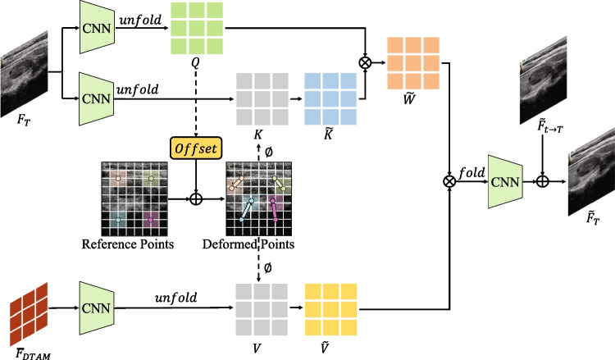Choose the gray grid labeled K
(x=260, y=98)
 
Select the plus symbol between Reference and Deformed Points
(x=195, y=198)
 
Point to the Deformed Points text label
(x=258, y=243)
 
